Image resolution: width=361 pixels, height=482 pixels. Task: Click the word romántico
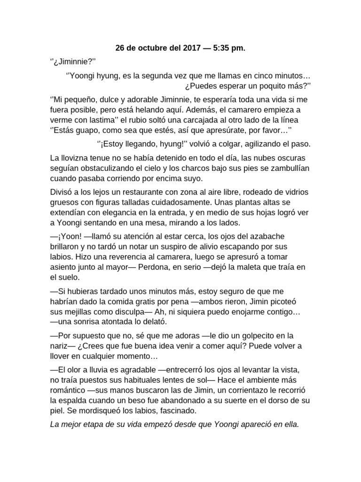(x=69, y=390)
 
